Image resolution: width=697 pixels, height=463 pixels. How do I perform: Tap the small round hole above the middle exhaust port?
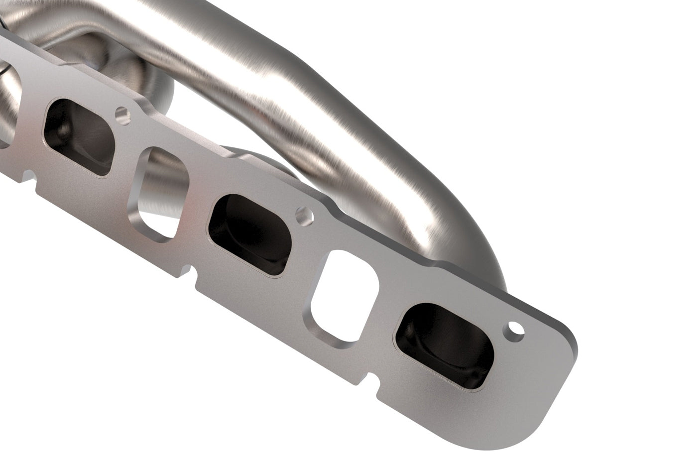(x=302, y=215)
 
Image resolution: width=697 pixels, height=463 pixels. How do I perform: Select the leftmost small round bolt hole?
(x=120, y=114)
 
